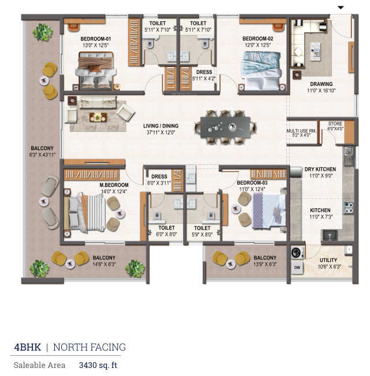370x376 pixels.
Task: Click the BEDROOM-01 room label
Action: click(x=96, y=39)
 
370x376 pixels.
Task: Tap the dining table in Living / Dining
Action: click(x=225, y=127)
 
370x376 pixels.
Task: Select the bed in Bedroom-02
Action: click(x=261, y=71)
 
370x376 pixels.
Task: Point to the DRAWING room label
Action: click(x=322, y=84)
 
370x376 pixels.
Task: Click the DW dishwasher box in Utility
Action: click(x=297, y=268)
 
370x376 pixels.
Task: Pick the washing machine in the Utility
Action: click(x=297, y=253)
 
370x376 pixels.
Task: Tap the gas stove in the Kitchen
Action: click(x=349, y=208)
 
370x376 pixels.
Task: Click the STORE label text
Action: click(x=335, y=124)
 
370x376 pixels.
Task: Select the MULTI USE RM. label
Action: click(x=302, y=131)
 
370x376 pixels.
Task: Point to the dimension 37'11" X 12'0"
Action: click(x=161, y=133)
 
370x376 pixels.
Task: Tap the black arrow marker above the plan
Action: click(x=341, y=7)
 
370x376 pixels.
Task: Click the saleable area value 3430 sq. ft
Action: click(x=98, y=365)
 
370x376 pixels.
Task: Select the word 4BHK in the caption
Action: click(x=28, y=347)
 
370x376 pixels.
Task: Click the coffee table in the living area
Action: click(x=98, y=117)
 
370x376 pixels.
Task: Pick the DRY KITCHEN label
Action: click(x=320, y=170)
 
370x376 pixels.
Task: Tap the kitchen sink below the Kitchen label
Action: click(x=330, y=235)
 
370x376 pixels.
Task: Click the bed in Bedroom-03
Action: click(x=269, y=211)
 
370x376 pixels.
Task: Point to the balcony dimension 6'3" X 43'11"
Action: click(x=43, y=155)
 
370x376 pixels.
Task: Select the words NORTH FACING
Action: click(x=89, y=347)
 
